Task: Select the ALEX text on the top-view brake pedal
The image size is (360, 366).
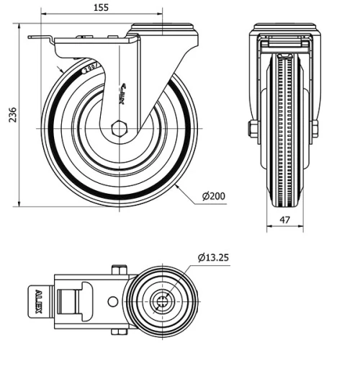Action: tap(38, 302)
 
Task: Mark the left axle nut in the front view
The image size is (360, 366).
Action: tap(253, 130)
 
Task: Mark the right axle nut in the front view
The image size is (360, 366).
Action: tap(315, 130)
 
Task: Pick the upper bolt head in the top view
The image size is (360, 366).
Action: tap(119, 271)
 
